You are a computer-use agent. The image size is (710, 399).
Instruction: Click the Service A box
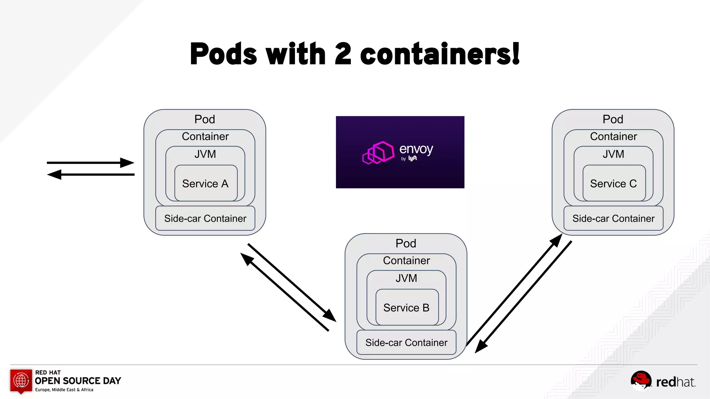tap(206, 183)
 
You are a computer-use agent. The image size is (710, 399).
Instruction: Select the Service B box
tap(407, 307)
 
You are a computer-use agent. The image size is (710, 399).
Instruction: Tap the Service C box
tap(614, 183)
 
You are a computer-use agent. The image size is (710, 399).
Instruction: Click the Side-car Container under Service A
tap(205, 219)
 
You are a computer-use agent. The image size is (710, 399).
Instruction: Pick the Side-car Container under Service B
tap(406, 343)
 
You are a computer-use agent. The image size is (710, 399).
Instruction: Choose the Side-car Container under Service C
tap(613, 219)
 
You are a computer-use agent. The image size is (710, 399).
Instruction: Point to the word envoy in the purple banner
tap(416, 149)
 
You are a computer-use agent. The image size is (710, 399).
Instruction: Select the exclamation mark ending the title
tap(516, 54)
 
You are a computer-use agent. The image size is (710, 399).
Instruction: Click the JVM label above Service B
tap(406, 278)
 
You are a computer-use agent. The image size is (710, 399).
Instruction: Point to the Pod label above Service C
tap(613, 119)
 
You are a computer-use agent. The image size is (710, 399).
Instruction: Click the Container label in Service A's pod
tap(205, 136)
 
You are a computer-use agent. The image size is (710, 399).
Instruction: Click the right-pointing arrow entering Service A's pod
tap(127, 162)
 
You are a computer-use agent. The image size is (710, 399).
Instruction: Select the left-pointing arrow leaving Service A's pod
tap(55, 175)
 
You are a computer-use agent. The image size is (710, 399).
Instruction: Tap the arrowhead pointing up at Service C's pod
tap(556, 240)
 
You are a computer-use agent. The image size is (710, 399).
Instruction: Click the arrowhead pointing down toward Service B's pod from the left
tap(329, 315)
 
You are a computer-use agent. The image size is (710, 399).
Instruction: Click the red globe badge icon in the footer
tap(21, 381)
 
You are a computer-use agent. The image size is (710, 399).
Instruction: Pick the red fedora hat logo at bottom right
tap(641, 380)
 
